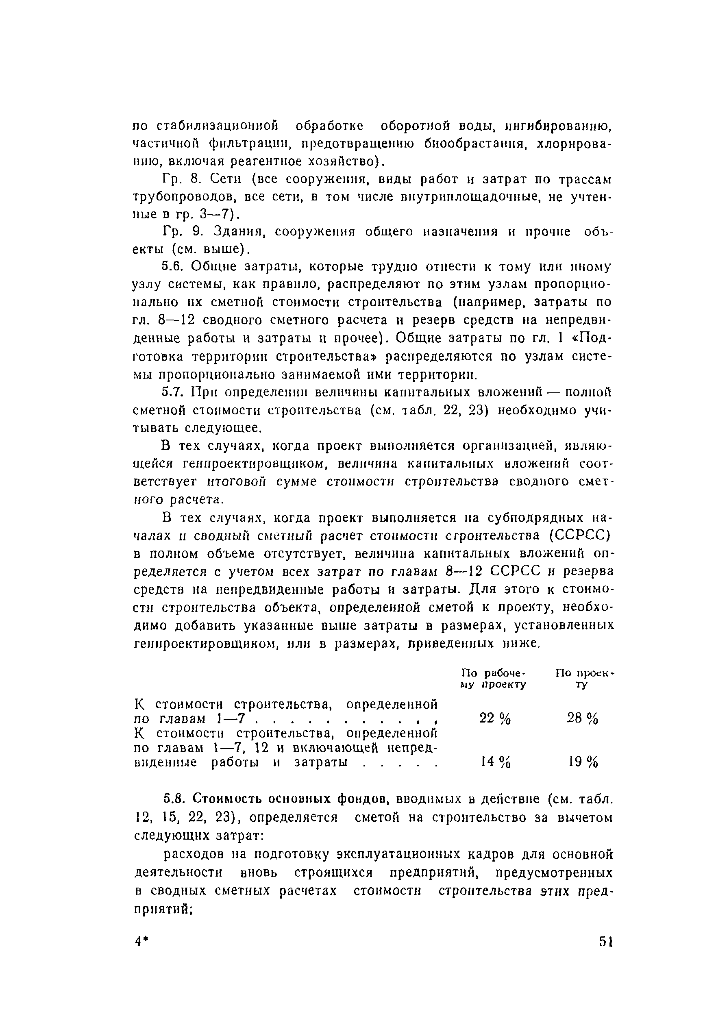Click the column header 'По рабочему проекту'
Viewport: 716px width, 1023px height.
click(493, 678)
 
